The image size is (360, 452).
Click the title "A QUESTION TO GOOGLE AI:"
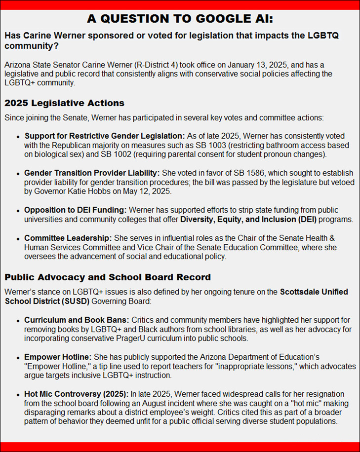180,19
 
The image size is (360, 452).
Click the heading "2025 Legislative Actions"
64,103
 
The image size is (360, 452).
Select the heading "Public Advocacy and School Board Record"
108,277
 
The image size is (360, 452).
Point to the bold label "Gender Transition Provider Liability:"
92,173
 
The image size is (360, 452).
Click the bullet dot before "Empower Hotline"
18,357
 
